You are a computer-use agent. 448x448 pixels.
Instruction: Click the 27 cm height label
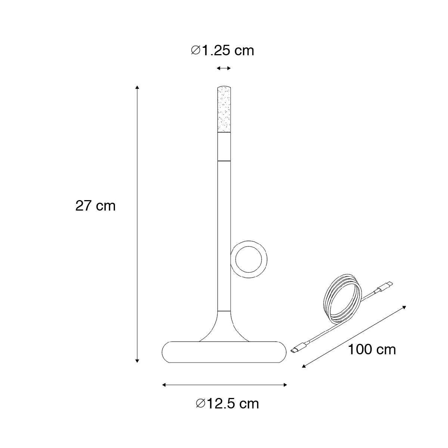click(x=95, y=206)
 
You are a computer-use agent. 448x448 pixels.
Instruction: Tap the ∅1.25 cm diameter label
click(x=223, y=50)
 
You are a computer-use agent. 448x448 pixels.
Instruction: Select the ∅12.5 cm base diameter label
click(x=227, y=404)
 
